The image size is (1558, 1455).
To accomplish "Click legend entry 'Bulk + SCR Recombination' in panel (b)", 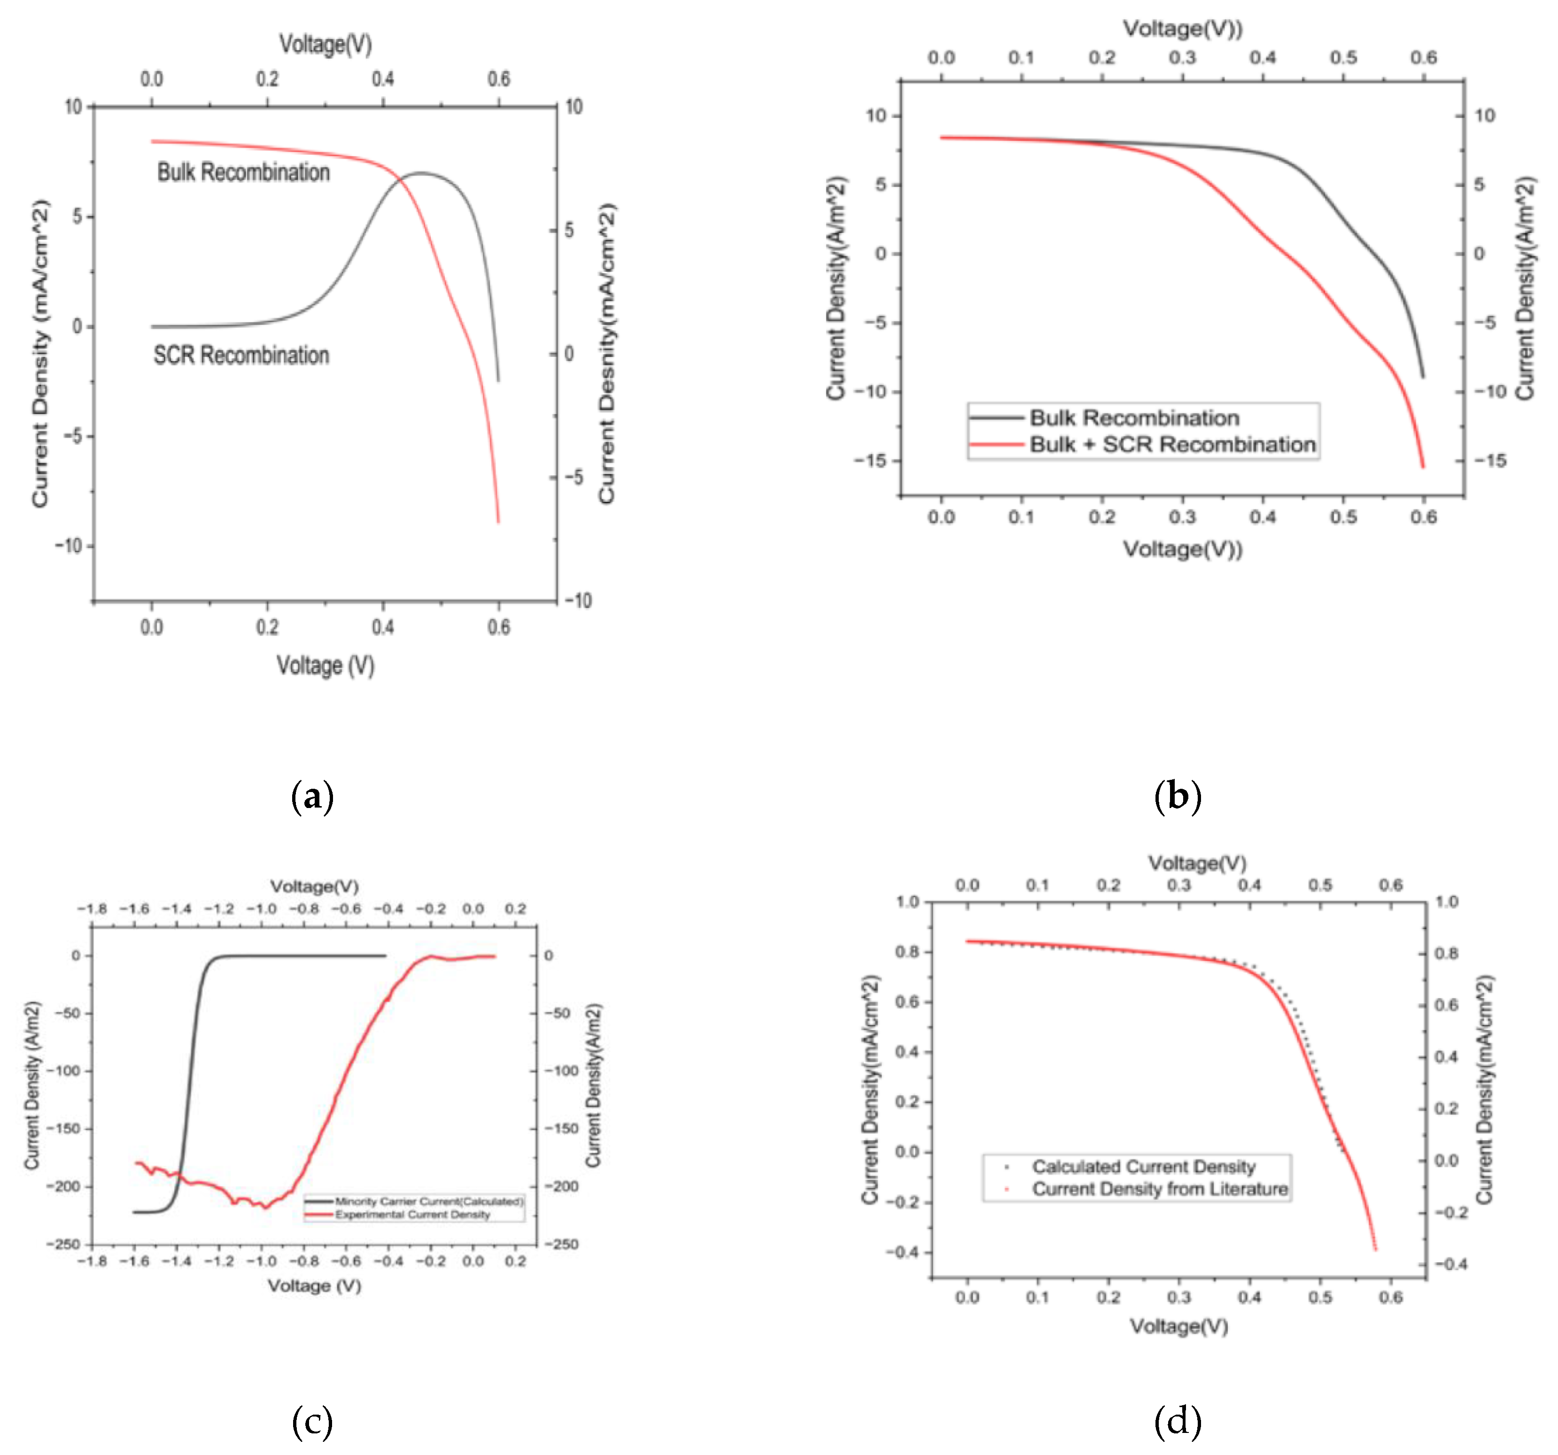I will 1171,444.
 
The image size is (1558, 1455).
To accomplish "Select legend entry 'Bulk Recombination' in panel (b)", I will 1133,417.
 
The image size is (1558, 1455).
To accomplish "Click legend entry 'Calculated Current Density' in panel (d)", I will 1143,1167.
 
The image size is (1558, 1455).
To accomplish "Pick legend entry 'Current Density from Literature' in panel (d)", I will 1159,1189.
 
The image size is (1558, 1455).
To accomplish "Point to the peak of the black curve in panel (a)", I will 421,172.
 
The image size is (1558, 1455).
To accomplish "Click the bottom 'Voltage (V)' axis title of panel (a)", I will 325,665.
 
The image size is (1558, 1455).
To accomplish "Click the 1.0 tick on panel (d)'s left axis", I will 907,902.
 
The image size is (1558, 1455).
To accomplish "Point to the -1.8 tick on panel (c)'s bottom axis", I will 93,1261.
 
